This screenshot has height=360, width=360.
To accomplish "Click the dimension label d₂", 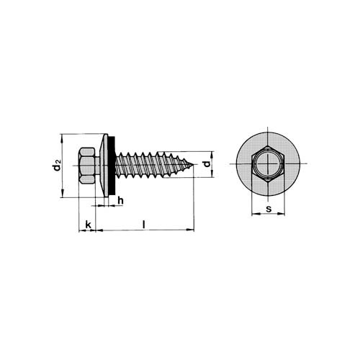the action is tap(57, 165).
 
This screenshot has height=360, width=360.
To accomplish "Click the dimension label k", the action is tap(89, 225).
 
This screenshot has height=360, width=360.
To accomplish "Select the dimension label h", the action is tap(120, 200).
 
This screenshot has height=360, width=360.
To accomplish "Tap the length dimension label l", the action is tap(143, 225).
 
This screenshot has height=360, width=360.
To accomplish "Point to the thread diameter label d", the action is tap(207, 164).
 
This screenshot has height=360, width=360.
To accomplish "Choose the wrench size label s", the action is tap(269, 209).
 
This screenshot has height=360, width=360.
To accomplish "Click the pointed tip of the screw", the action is tap(193, 165).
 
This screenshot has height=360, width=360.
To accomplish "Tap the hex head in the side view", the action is tap(86, 166).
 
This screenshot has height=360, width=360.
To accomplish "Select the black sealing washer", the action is tap(112, 166).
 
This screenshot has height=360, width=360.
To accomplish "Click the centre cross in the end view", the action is tap(268, 164).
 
